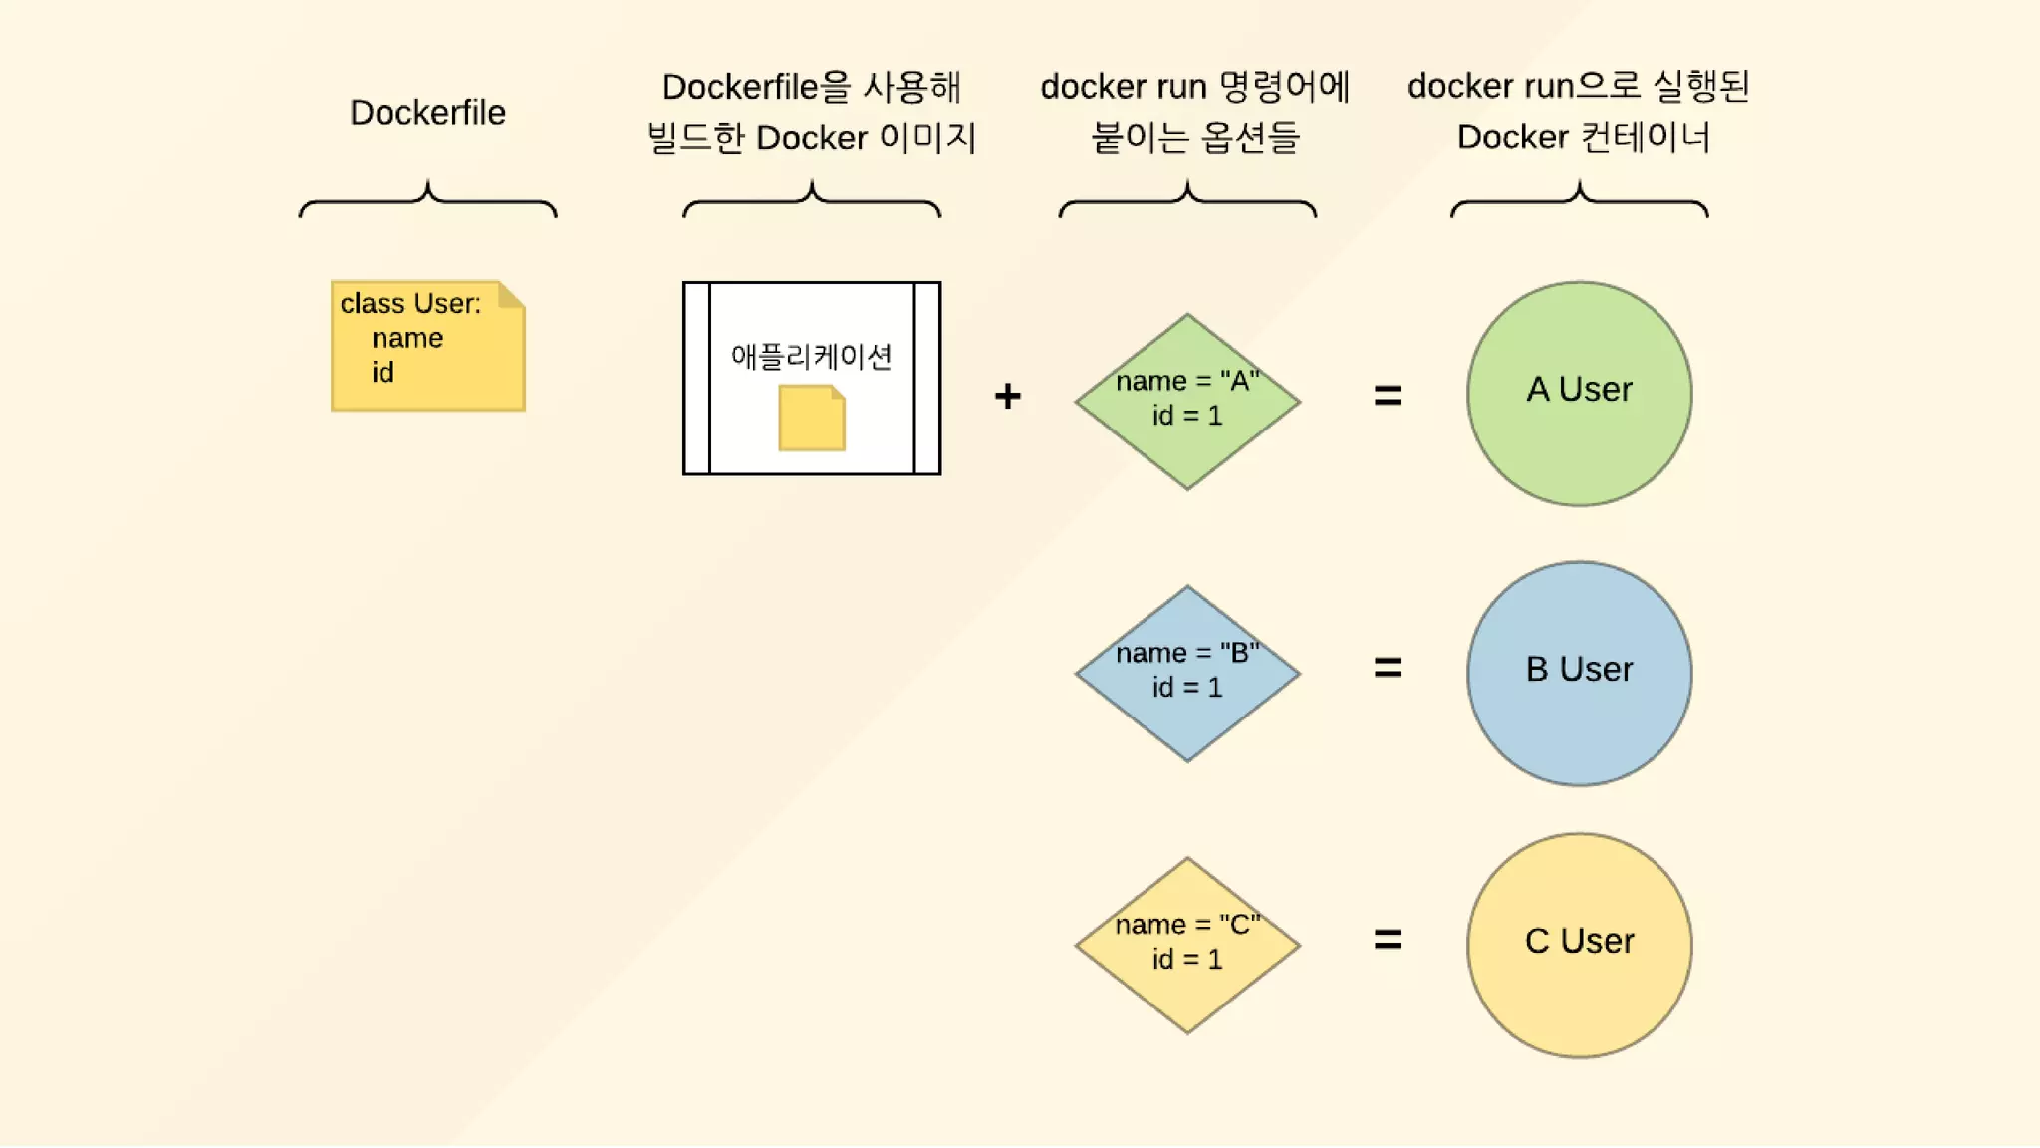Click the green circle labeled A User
pyautogui.click(x=1579, y=394)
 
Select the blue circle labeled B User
pyautogui.click(x=1579, y=674)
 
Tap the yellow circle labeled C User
pyautogui.click(x=1579, y=945)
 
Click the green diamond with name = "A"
pyautogui.click(x=1187, y=401)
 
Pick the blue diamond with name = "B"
pyautogui.click(x=1187, y=673)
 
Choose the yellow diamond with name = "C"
pyautogui.click(x=1187, y=945)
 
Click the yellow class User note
pyautogui.click(x=428, y=346)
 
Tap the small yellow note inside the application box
pyautogui.click(x=812, y=419)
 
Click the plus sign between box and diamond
pyautogui.click(x=1007, y=396)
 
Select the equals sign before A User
pyautogui.click(x=1388, y=396)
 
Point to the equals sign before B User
pyautogui.click(x=1388, y=667)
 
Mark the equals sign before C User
pyautogui.click(x=1388, y=939)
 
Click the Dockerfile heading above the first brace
pyautogui.click(x=427, y=113)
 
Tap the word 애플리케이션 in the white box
pyautogui.click(x=811, y=356)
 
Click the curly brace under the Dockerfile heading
pyautogui.click(x=428, y=200)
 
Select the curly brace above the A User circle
pyautogui.click(x=1579, y=200)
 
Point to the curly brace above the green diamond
pyautogui.click(x=1187, y=200)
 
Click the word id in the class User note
pyautogui.click(x=383, y=373)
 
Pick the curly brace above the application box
pyautogui.click(x=812, y=200)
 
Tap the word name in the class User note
pyautogui.click(x=407, y=339)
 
